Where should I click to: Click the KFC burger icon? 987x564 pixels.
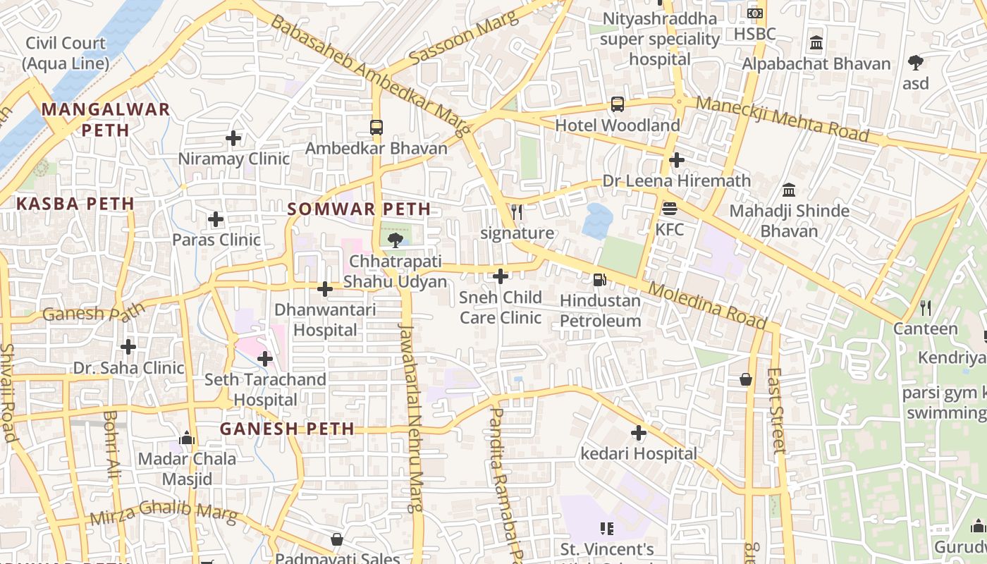[669, 209]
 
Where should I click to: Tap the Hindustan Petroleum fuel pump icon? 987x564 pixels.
[599, 280]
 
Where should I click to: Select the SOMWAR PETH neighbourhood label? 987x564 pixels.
[359, 209]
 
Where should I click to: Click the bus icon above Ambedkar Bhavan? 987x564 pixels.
[376, 128]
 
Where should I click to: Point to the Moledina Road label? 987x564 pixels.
[706, 306]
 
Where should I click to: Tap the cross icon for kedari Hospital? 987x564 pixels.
[639, 433]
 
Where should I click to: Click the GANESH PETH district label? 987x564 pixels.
[287, 429]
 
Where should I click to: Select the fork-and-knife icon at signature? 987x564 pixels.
[517, 211]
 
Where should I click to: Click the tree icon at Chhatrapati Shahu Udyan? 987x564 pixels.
[396, 241]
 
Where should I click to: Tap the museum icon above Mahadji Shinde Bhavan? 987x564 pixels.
[789, 190]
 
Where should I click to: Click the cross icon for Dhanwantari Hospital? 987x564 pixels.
[325, 288]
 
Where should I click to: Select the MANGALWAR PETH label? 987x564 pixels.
[106, 119]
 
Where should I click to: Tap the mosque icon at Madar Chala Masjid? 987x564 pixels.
[186, 438]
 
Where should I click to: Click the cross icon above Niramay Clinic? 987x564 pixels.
[233, 138]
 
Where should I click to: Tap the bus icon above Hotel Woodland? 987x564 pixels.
[618, 104]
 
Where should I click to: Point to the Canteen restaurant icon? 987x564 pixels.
[926, 308]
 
